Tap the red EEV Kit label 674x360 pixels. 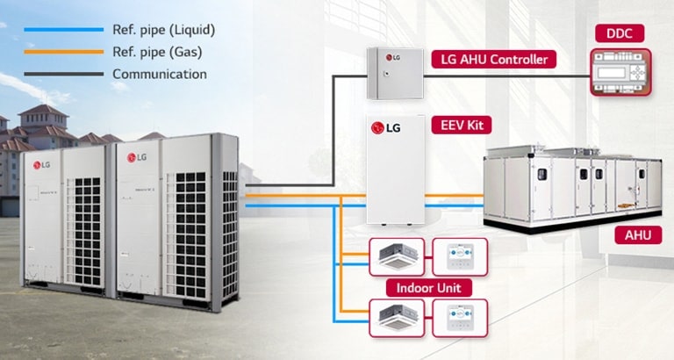coord(455,125)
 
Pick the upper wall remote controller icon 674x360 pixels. coord(460,256)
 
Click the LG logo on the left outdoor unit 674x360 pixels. coord(42,163)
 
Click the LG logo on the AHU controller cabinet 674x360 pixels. coord(392,60)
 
